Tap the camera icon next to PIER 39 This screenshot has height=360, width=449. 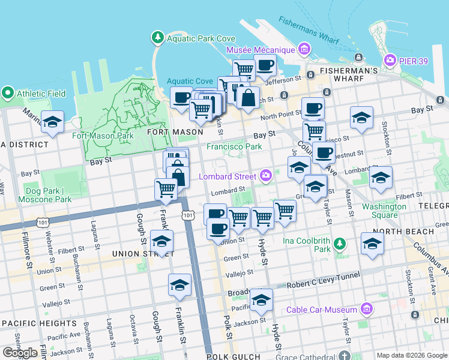[x=390, y=60]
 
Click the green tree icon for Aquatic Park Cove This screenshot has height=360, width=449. [x=157, y=38]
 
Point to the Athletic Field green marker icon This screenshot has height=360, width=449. [x=8, y=93]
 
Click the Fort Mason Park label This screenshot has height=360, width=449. [x=103, y=135]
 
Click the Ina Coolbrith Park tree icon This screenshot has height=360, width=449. [x=340, y=243]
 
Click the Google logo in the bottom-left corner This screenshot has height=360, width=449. [x=20, y=353]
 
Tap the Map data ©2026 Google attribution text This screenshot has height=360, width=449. [x=412, y=355]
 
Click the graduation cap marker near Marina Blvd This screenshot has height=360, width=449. [x=53, y=122]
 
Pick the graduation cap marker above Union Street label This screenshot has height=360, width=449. [x=161, y=241]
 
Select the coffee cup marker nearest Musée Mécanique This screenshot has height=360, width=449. [x=264, y=65]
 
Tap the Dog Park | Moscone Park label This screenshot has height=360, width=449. [x=44, y=194]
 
